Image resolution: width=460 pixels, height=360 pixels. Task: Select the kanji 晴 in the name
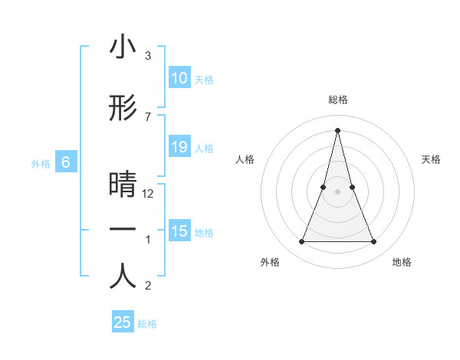point(123,185)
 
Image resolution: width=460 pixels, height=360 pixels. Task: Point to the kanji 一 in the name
point(123,231)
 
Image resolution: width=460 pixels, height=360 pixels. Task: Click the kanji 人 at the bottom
point(123,277)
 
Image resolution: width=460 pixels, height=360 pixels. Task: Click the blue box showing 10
point(179,78)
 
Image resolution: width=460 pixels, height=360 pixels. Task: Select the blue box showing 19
point(179,147)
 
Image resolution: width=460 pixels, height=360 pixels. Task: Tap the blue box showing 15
point(179,231)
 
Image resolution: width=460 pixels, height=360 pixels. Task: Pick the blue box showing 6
point(66,162)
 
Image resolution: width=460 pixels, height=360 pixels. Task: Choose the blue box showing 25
point(123,322)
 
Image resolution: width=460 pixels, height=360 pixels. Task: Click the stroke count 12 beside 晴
point(149,194)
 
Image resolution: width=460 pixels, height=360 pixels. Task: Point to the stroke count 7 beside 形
point(148,116)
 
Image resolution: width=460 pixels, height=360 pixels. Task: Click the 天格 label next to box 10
point(204,79)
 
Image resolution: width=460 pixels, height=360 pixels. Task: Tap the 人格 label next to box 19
point(204,148)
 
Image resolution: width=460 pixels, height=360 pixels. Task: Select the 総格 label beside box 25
point(147,323)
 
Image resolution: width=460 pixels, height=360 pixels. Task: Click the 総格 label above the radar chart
point(337,100)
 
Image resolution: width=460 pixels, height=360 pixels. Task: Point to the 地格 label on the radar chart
point(402,262)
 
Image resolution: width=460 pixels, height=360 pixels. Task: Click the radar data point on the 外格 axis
point(301,242)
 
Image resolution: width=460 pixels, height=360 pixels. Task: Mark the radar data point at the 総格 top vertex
point(337,129)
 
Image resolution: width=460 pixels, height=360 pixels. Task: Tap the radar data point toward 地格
point(374,242)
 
